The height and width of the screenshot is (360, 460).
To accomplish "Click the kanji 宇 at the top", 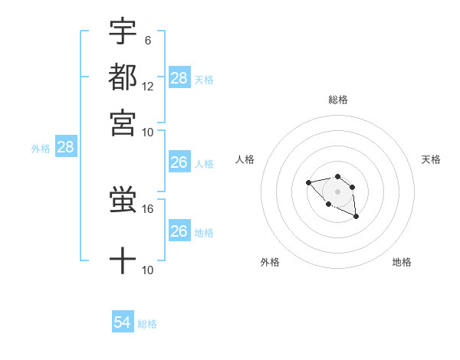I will pyautogui.click(x=123, y=32).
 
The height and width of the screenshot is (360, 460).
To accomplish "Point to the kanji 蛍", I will pyautogui.click(x=123, y=201).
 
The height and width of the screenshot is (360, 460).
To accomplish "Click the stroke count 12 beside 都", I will pyautogui.click(x=148, y=86).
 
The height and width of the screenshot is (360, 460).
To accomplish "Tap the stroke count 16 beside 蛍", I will pyautogui.click(x=148, y=208).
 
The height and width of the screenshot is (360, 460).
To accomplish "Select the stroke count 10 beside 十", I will pyautogui.click(x=148, y=270).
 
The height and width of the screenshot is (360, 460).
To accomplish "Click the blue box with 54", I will pyautogui.click(x=123, y=322).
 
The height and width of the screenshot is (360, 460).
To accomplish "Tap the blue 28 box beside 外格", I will pyautogui.click(x=65, y=148).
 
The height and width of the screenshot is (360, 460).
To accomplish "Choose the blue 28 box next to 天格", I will pyautogui.click(x=179, y=77).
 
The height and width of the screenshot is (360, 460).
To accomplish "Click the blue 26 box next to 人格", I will pyautogui.click(x=179, y=162).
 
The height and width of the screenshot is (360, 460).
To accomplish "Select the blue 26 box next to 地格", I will pyautogui.click(x=179, y=231).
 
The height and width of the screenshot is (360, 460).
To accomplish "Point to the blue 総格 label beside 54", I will pyautogui.click(x=147, y=324).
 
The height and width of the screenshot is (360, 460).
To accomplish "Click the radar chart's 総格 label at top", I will pyautogui.click(x=337, y=100).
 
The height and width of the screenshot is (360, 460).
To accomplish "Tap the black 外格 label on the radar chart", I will pyautogui.click(x=270, y=262).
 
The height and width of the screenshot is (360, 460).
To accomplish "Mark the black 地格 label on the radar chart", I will pyautogui.click(x=402, y=262).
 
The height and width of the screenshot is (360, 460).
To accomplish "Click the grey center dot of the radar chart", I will pyautogui.click(x=337, y=191).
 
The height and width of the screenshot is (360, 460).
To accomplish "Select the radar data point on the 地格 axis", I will pyautogui.click(x=356, y=218).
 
